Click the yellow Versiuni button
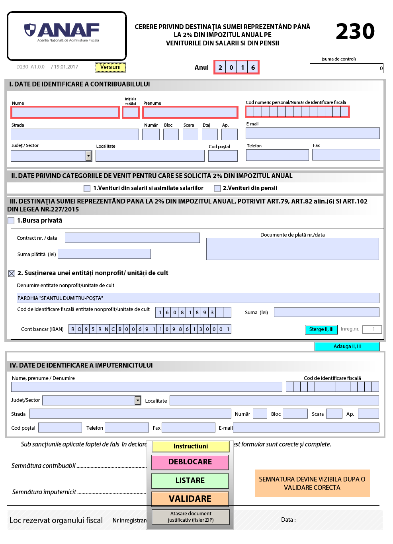[x=110, y=67]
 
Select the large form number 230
[x=355, y=31]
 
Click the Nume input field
[x=65, y=113]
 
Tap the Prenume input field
[x=190, y=113]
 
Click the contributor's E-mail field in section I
[x=313, y=133]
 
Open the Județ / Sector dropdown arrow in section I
[x=88, y=156]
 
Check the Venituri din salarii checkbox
[x=87, y=188]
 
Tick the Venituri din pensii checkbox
[x=217, y=188]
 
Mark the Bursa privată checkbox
[x=11, y=221]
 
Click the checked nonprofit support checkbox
[x=12, y=273]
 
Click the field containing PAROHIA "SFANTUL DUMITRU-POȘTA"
[x=198, y=298]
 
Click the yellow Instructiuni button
[x=190, y=446]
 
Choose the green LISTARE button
[x=190, y=481]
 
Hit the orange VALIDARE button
[x=190, y=499]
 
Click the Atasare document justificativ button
[x=190, y=517]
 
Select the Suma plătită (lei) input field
[x=104, y=254]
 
